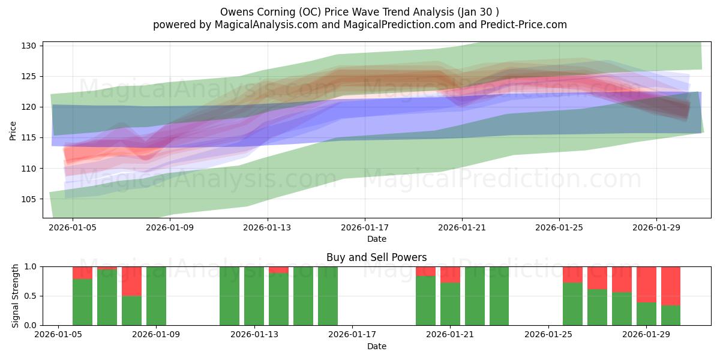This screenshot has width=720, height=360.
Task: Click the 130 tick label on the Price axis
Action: tap(29, 46)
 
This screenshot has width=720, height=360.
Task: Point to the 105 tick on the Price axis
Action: tap(29, 199)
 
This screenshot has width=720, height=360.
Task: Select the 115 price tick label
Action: tap(29, 138)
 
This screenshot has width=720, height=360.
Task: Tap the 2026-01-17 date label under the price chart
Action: tap(365, 227)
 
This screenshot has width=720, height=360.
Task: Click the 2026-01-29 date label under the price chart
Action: tap(656, 227)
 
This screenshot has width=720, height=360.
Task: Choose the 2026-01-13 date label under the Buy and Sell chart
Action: tap(254, 335)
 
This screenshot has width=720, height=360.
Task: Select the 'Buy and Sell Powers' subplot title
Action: tap(376, 257)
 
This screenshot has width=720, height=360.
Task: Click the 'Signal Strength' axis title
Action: tap(15, 296)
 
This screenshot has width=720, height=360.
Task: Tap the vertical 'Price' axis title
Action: tap(13, 131)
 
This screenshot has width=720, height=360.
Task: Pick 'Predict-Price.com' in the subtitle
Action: tap(524, 25)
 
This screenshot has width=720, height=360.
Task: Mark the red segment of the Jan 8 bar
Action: tap(131, 281)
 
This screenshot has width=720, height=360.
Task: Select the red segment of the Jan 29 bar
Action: tap(646, 284)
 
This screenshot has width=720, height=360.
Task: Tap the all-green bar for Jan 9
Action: tap(156, 296)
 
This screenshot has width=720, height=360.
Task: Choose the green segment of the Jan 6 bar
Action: tap(82, 302)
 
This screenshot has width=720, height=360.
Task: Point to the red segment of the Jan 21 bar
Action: tap(450, 275)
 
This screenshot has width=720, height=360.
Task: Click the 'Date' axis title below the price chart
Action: tap(377, 239)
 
